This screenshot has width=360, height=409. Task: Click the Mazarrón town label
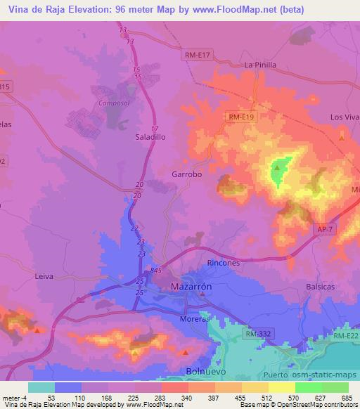[x=191, y=287]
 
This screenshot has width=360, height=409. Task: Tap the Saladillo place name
[x=150, y=138]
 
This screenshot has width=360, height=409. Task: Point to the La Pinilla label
[x=259, y=65]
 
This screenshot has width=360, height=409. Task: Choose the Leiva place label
[x=44, y=277]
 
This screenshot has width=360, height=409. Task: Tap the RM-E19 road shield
[x=240, y=117]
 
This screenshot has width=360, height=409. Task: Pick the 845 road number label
[x=155, y=271]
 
